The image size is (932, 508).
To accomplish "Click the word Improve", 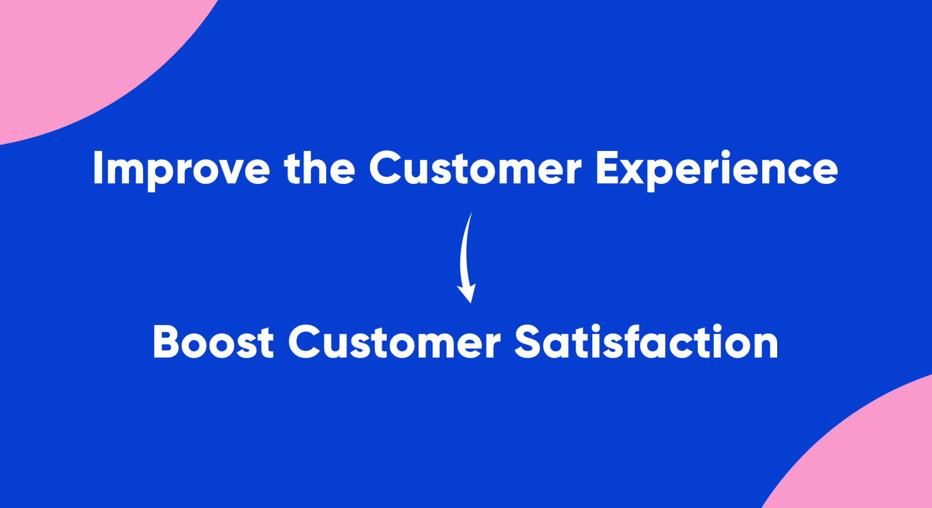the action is [181, 170].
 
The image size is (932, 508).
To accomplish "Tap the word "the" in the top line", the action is [319, 167].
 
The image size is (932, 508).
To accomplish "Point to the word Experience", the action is [717, 170].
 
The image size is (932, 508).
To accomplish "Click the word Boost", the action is [214, 343].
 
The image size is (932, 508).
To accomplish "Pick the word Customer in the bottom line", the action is [394, 342].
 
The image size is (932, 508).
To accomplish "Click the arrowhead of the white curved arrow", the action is [466, 293].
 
